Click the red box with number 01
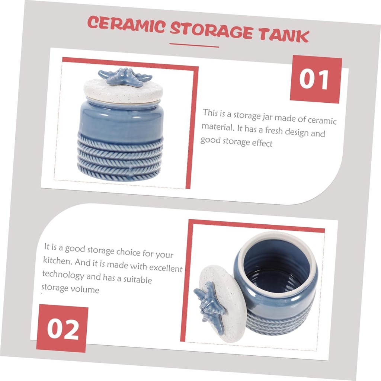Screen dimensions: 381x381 [x=316, y=79]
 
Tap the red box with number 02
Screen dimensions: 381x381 [x=62, y=328]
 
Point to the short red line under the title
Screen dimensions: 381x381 [x=194, y=45]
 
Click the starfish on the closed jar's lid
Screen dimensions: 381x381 [x=125, y=76]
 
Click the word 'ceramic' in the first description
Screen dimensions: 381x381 [x=322, y=121]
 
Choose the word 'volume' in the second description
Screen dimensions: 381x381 [x=86, y=289]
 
